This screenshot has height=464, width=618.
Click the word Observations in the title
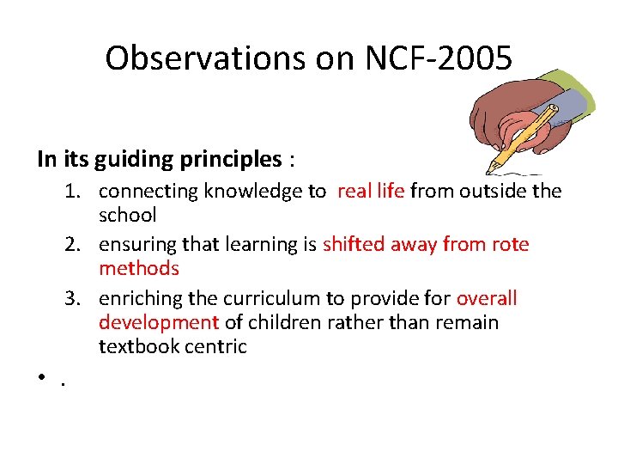(189, 58)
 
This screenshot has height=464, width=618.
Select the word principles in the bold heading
(231, 159)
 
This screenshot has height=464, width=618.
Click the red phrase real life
(370, 192)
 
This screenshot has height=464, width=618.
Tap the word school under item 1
(128, 216)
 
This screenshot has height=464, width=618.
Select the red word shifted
(354, 245)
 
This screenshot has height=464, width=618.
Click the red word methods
(139, 269)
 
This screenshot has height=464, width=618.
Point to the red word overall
(487, 299)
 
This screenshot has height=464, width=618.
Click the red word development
(159, 323)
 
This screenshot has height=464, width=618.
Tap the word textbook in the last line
(136, 347)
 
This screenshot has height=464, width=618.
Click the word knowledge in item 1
(243, 192)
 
